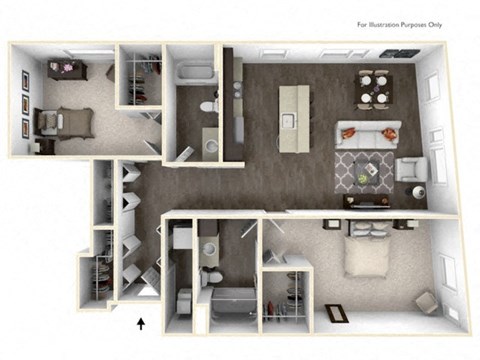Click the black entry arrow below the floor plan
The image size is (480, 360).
[141, 322]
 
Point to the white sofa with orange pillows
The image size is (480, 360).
[369, 131]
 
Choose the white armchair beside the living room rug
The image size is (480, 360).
[411, 169]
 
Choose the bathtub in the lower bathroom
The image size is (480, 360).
[229, 302]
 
